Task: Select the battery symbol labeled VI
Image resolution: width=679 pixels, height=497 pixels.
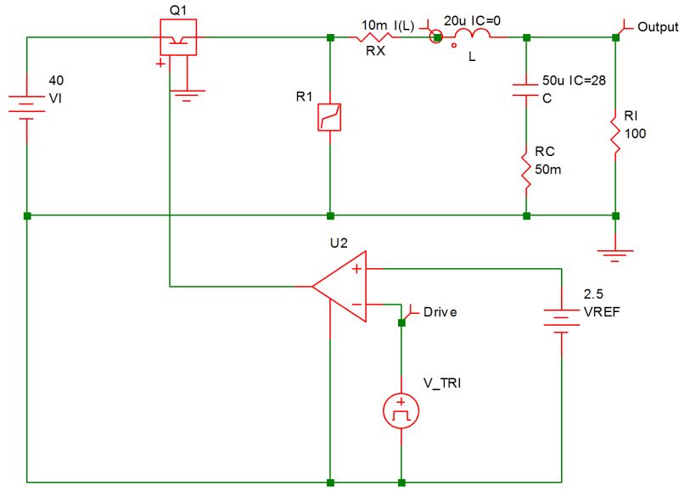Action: tap(26, 107)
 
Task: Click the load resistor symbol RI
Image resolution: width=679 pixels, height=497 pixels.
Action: tap(615, 132)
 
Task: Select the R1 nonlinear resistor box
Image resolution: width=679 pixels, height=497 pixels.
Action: tap(329, 117)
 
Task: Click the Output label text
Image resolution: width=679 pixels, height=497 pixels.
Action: tap(658, 27)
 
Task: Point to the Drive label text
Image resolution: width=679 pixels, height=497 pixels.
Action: tap(440, 312)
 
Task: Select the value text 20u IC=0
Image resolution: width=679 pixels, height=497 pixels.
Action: tap(473, 19)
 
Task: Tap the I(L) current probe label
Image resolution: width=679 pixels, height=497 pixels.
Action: tap(405, 26)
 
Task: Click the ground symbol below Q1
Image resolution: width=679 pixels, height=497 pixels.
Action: tap(186, 95)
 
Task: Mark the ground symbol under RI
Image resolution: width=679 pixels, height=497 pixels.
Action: tap(615, 250)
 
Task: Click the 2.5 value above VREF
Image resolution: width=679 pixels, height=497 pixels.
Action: tap(592, 295)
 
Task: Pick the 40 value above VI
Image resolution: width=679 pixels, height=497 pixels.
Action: tap(56, 81)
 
